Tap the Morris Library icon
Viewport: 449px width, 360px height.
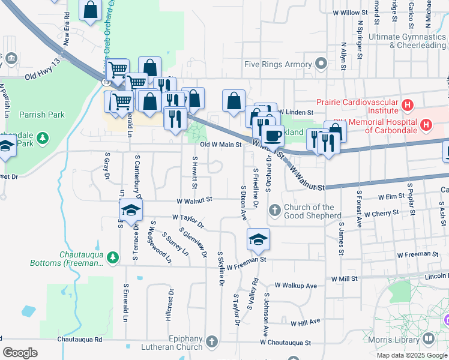[x=428, y=339]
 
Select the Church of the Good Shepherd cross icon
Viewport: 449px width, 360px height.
[x=274, y=209]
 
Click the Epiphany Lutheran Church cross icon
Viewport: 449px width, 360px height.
[x=211, y=343]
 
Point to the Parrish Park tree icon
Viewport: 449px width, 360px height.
[x=43, y=139]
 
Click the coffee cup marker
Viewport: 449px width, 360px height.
[x=273, y=134]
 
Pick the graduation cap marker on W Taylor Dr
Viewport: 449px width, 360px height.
[x=131, y=209]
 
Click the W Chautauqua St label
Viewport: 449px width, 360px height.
[x=286, y=343]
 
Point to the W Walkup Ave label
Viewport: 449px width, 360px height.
[x=295, y=286]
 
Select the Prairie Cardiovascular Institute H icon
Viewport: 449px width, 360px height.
[x=408, y=106]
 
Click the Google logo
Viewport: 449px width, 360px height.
[x=20, y=352]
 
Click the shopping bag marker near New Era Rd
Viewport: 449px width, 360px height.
[x=90, y=10]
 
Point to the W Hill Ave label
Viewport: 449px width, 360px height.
[x=306, y=322]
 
